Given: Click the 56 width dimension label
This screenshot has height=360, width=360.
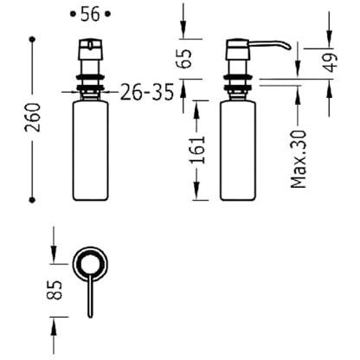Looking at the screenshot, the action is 90,15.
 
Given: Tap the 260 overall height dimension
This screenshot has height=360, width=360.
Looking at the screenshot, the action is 32,118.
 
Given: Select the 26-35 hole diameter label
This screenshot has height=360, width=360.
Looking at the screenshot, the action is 147,93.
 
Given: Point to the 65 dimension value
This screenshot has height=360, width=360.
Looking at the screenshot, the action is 183,59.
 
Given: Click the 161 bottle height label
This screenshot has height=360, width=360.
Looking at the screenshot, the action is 197,150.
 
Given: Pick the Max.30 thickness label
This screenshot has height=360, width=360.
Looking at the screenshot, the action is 299,159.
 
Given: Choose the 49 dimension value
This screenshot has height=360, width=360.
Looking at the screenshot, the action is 331,62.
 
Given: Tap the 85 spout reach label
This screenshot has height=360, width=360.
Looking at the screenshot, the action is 54,290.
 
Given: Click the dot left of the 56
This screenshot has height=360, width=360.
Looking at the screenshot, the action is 73,14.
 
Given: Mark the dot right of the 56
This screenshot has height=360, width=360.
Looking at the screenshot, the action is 107,14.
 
